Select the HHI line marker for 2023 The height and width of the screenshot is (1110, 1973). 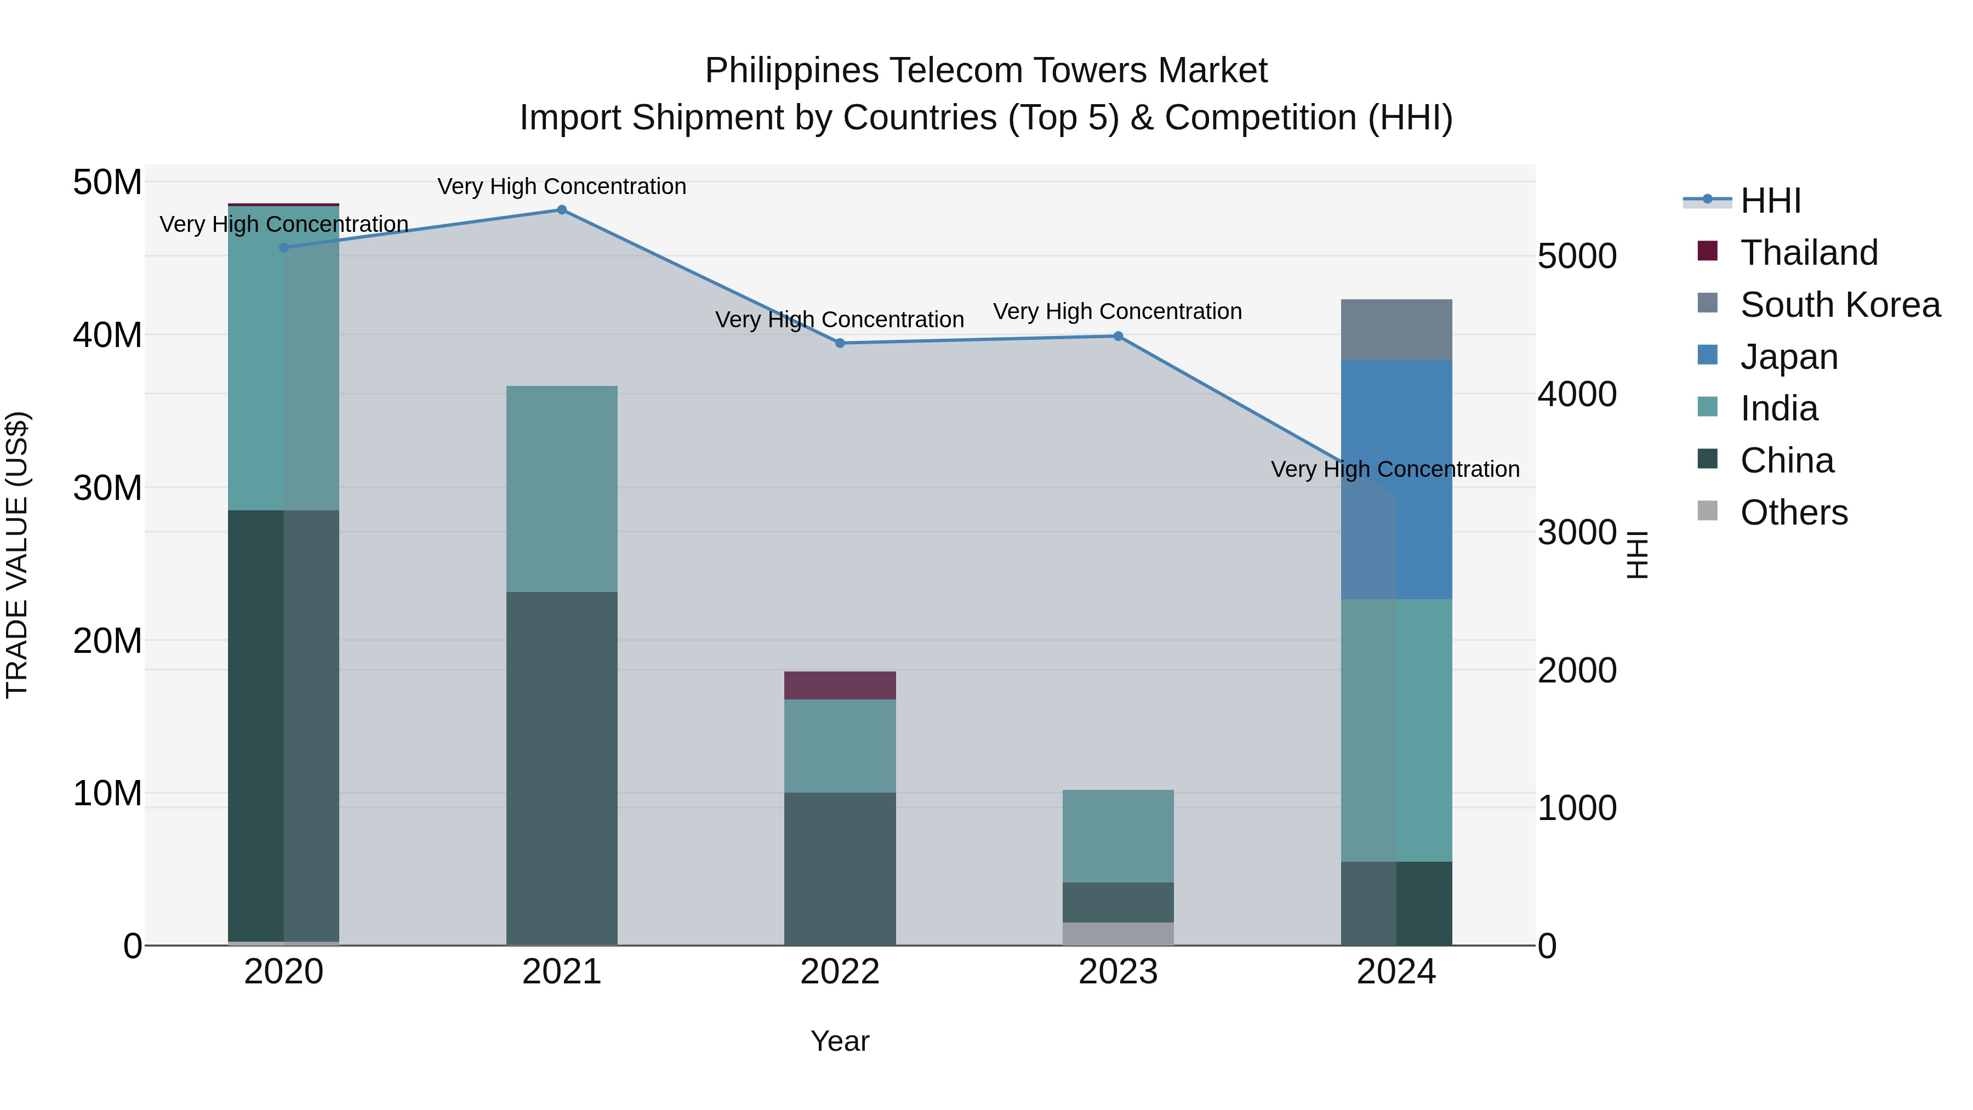[x=1117, y=337]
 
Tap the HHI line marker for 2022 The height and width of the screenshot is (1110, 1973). [x=840, y=343]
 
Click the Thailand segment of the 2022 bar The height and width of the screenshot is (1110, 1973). [x=840, y=686]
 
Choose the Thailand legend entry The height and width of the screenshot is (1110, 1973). [x=1809, y=253]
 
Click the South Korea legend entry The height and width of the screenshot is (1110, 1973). [x=1840, y=305]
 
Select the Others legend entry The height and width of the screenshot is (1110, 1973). [x=1793, y=513]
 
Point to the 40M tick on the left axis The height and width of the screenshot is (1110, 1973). [x=107, y=335]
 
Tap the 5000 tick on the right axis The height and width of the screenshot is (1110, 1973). [x=1576, y=256]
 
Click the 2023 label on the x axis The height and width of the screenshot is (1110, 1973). [x=1117, y=972]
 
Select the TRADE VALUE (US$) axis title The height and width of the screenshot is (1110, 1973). [x=17, y=555]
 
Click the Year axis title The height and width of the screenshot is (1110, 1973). [x=840, y=1041]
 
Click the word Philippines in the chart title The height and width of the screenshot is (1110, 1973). [x=791, y=71]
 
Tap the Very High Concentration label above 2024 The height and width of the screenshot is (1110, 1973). [x=1395, y=469]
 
